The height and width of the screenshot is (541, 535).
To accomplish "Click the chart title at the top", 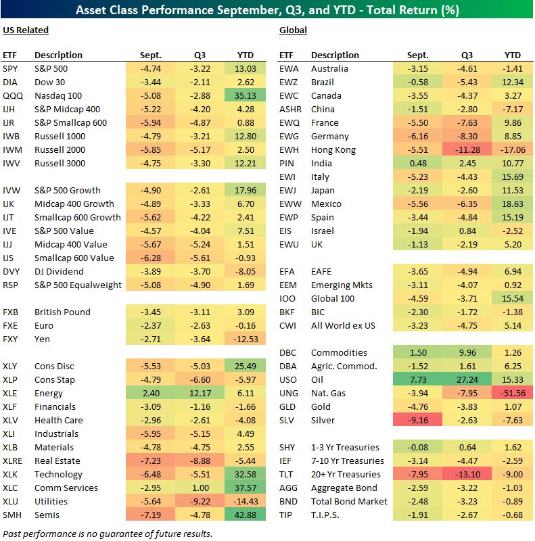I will (267, 10).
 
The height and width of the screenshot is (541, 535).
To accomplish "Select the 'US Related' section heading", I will (26, 30).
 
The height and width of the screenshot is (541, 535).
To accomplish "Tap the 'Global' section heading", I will (293, 30).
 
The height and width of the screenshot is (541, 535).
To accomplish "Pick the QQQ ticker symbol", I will (11, 95).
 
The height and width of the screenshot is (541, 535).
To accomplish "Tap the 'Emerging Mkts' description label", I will (342, 285).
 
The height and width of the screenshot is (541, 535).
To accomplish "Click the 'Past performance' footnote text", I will (108, 534).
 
